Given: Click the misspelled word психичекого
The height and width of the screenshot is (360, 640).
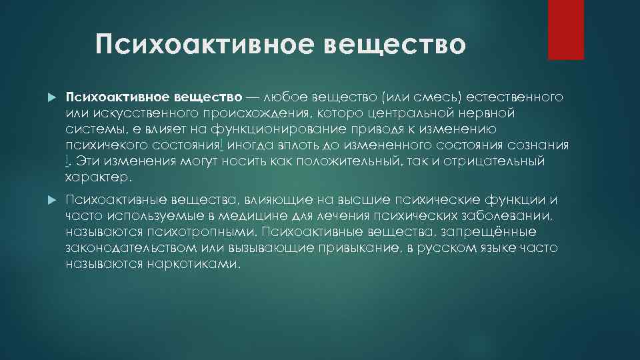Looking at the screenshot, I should pyautogui.click(x=108, y=145).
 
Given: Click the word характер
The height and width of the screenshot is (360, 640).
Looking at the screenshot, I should pyautogui.click(x=99, y=177).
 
